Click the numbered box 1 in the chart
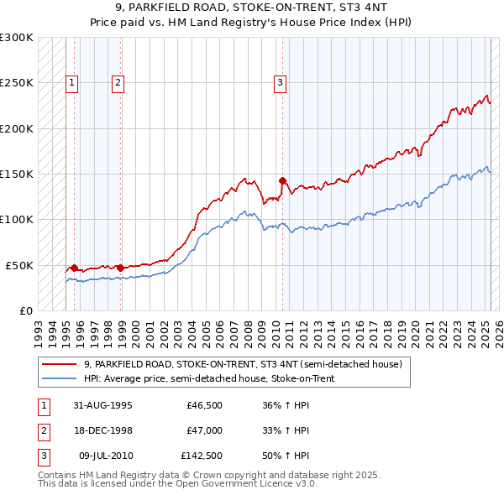click(x=73, y=82)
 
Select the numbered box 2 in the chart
click(x=118, y=82)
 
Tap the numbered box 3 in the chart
click(x=280, y=82)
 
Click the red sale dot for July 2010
click(x=282, y=180)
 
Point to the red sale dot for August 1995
click(x=75, y=268)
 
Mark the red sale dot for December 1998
click(x=120, y=268)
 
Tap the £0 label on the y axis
click(x=25, y=310)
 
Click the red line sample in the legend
click(x=59, y=364)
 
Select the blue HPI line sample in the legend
click(x=59, y=378)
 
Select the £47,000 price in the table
click(x=204, y=430)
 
